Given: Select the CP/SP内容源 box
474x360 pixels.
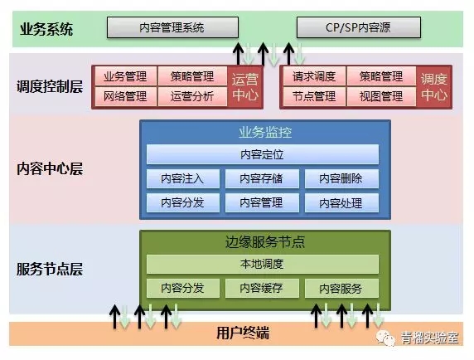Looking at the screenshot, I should pos(355,28).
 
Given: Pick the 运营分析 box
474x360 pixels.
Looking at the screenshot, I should pos(191,96).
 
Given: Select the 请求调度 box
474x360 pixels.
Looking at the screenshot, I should pos(314,77).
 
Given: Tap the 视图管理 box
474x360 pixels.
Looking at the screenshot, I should pos(381,96).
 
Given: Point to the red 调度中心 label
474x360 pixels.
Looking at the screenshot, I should pos(434,86).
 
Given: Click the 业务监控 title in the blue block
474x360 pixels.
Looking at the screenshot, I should pos(264,133).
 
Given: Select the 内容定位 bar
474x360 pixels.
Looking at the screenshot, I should pos(263,154).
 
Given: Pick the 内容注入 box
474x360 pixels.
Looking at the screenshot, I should pos(182,178).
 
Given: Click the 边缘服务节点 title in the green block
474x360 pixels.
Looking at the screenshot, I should pos(264,242).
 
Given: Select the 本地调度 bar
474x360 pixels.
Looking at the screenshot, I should pos(263,264).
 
